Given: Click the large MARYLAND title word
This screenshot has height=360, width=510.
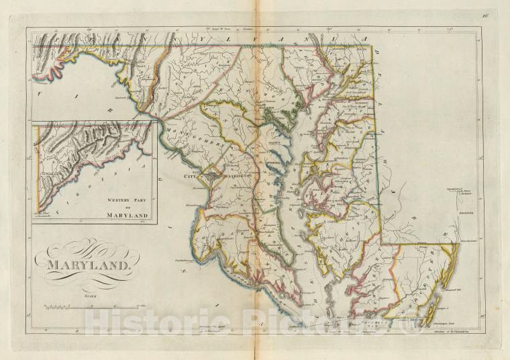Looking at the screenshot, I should coord(88,264).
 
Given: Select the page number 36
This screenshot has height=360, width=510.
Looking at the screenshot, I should coord(483,14).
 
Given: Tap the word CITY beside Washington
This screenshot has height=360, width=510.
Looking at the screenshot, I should coord(193,176).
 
